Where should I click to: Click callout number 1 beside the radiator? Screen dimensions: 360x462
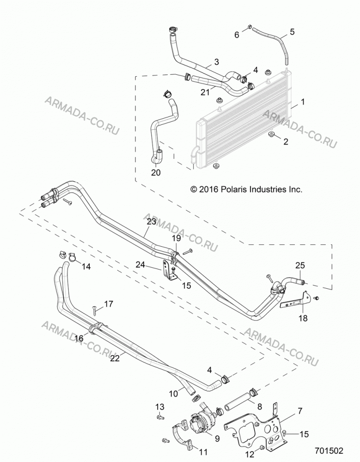(303, 102)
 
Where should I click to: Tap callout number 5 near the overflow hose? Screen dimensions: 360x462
(292, 31)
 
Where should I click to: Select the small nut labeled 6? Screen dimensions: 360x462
(250, 27)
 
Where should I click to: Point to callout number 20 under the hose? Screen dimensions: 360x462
(156, 172)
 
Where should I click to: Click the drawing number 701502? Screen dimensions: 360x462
(329, 451)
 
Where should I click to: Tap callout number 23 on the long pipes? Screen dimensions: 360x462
(151, 222)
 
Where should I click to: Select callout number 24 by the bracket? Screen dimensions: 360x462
(140, 265)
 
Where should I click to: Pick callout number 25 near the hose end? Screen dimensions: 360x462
(300, 265)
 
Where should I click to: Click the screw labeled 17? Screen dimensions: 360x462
(94, 309)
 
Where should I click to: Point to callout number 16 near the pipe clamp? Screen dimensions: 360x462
(79, 338)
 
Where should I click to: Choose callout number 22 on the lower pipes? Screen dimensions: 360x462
(115, 359)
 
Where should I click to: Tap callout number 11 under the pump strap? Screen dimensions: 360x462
(203, 452)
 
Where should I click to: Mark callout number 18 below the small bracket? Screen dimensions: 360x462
(303, 318)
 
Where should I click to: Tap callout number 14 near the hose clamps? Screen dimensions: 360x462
(86, 267)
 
